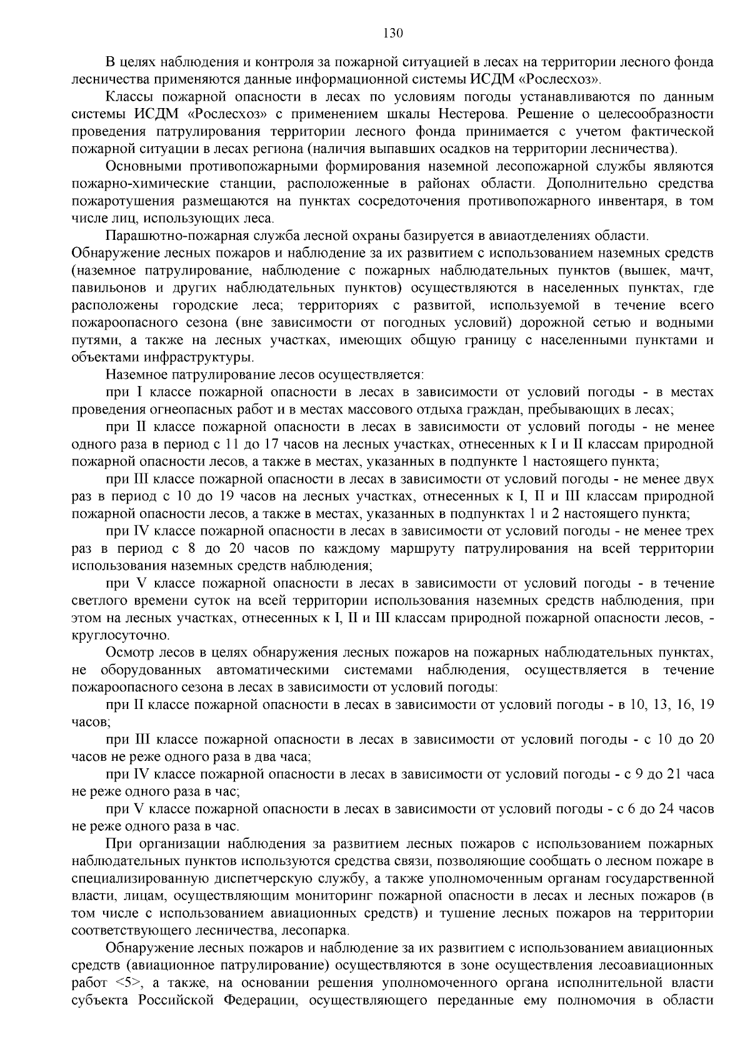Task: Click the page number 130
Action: [x=374, y=33]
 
